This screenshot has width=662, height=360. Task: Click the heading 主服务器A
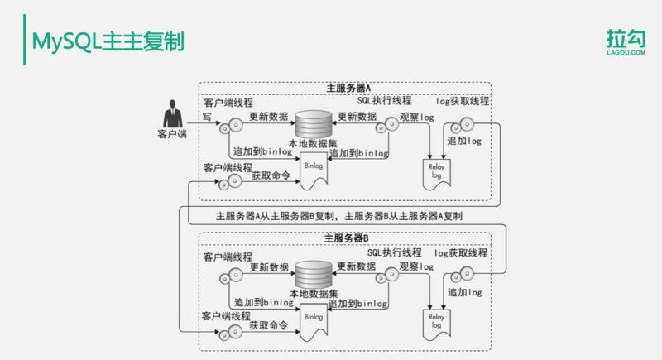point(348,88)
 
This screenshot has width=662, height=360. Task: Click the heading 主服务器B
point(348,238)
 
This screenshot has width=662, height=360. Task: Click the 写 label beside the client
point(209,118)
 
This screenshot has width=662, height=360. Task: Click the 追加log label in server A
point(463,142)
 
